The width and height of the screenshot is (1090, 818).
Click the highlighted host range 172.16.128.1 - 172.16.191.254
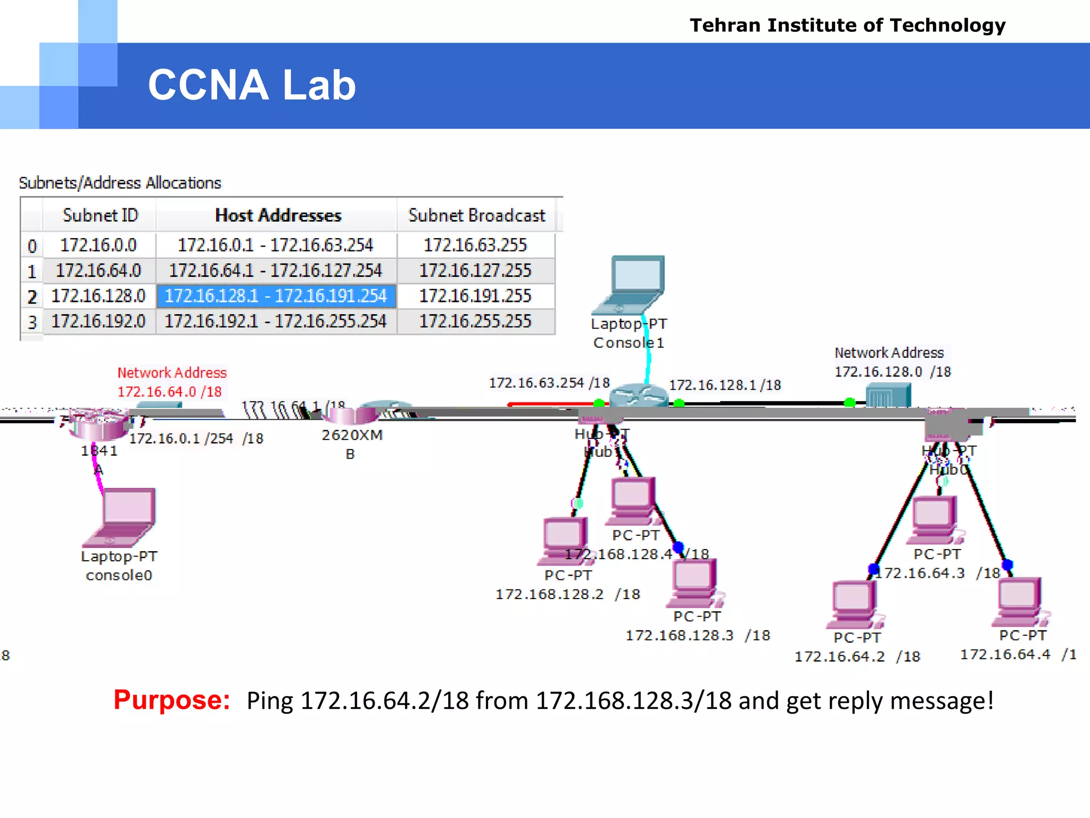(x=276, y=296)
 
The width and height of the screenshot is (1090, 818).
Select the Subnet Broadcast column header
(x=476, y=216)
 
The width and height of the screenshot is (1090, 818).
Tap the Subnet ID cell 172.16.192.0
(x=98, y=321)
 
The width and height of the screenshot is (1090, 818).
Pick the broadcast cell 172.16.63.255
(x=475, y=245)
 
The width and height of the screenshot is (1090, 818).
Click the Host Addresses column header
(x=277, y=216)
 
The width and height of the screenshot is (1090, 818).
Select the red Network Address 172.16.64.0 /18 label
(x=171, y=382)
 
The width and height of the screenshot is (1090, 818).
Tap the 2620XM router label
(x=352, y=436)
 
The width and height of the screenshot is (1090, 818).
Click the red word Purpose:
(x=171, y=700)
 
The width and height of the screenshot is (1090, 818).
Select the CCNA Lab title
(x=252, y=85)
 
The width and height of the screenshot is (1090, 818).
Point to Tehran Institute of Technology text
(x=847, y=26)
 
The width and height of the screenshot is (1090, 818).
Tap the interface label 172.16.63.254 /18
(x=549, y=383)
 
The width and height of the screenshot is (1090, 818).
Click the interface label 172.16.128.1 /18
(x=724, y=385)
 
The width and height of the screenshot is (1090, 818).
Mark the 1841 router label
(x=99, y=451)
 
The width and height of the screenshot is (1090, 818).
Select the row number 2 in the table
(x=32, y=297)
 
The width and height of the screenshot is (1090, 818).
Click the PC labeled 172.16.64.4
(x=1019, y=601)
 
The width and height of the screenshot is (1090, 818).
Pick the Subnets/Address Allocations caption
(x=120, y=183)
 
